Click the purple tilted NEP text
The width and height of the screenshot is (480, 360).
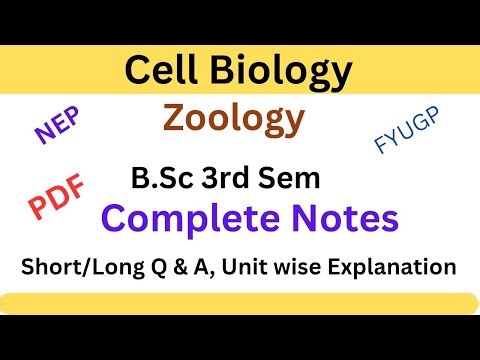tap(58, 131)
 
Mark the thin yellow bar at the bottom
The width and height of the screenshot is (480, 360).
tap(240, 304)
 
